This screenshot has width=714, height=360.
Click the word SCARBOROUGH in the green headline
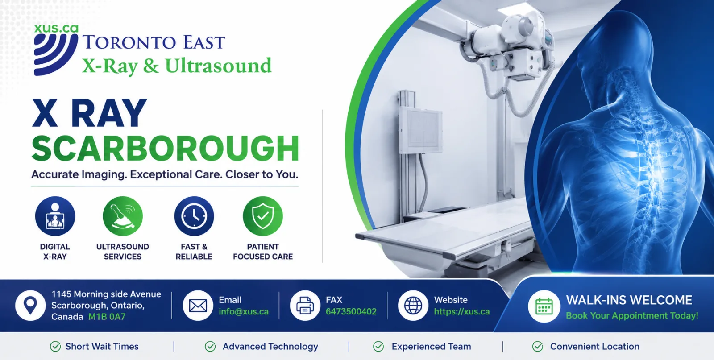[x=165, y=149]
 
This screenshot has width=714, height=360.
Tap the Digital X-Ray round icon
[x=55, y=216]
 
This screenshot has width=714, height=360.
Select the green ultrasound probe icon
[x=123, y=216]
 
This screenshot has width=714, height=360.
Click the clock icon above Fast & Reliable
[x=194, y=216]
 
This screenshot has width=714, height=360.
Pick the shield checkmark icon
[x=263, y=216]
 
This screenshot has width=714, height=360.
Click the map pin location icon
[x=30, y=305]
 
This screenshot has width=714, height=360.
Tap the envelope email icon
[x=198, y=305]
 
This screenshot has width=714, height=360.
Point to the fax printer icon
[x=305, y=305]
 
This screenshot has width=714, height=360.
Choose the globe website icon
[x=413, y=305]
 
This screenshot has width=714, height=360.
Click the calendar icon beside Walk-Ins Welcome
[x=544, y=306]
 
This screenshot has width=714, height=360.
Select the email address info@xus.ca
[x=244, y=311]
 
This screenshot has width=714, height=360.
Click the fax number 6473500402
[x=351, y=311]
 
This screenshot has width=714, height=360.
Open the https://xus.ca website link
[x=462, y=311]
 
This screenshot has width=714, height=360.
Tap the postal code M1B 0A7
[x=107, y=317]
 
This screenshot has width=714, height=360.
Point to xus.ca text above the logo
[x=56, y=28]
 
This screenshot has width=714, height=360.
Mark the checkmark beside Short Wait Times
[x=55, y=346]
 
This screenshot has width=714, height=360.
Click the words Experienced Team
[x=431, y=347]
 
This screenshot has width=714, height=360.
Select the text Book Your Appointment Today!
[x=632, y=316]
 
